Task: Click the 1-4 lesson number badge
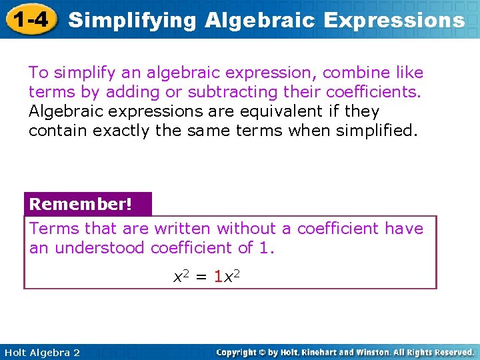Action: (x=28, y=19)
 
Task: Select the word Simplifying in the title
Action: (x=133, y=20)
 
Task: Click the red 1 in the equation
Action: (x=218, y=275)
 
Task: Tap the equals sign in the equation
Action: (x=201, y=275)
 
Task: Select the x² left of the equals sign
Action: (x=182, y=274)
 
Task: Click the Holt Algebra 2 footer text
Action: (x=41, y=353)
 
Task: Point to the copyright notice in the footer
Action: (x=345, y=352)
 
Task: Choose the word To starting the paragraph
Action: (x=39, y=72)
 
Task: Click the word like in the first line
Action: (x=409, y=72)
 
